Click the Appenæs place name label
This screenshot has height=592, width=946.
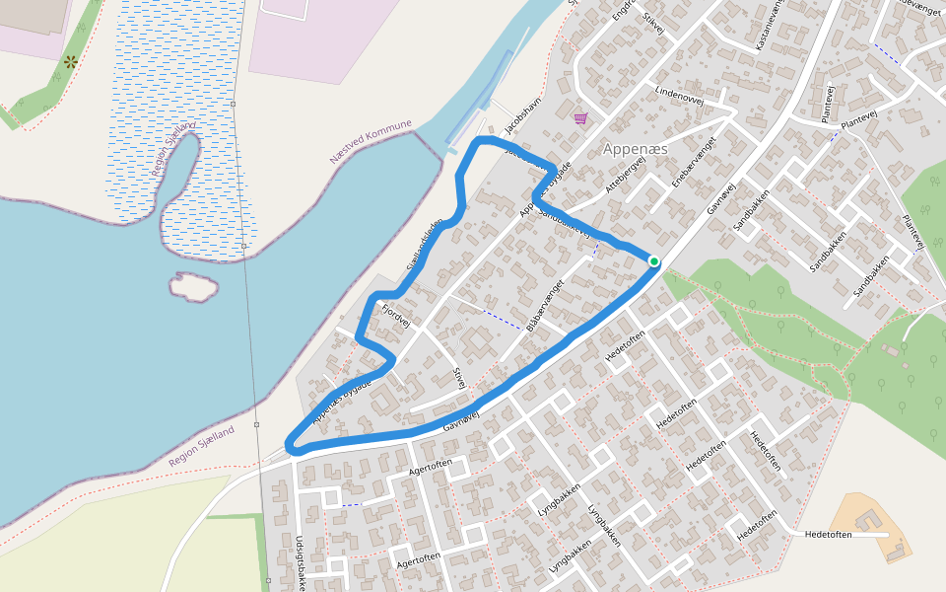coord(635,148)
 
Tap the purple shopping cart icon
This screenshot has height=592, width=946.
coord(580,118)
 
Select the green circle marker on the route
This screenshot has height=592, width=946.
coord(653,260)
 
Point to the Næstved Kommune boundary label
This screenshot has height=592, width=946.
coord(371,143)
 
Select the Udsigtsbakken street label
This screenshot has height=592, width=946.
coord(300,560)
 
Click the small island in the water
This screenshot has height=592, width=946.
coord(193,287)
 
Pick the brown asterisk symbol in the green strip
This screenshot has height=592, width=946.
coord(71,61)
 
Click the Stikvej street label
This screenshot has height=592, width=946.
coord(651,25)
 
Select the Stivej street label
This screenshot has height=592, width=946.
coord(457,377)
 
